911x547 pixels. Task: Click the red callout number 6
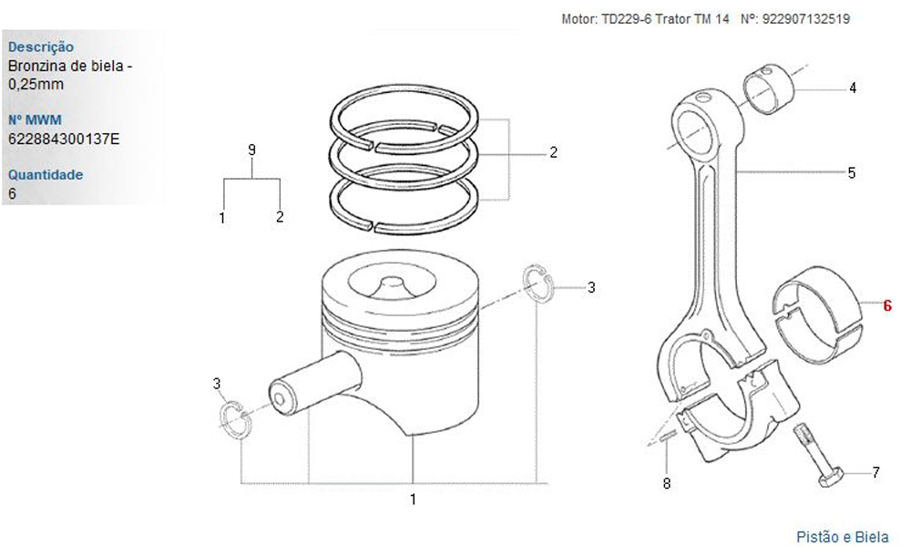[887, 305]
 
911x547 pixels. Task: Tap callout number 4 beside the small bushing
[853, 88]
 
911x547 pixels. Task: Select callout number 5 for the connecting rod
[852, 172]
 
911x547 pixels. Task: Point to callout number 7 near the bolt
[875, 472]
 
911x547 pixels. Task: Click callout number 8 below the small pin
[667, 483]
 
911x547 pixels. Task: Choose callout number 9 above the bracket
[251, 150]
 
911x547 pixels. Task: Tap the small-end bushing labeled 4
[769, 89]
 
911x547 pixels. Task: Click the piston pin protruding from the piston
[313, 385]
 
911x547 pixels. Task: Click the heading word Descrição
[41, 47]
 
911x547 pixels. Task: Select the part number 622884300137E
[64, 139]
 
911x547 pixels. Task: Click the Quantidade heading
[46, 175]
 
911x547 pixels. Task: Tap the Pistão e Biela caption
[843, 537]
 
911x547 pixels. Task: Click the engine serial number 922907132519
[806, 19]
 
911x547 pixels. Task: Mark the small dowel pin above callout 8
[667, 436]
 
